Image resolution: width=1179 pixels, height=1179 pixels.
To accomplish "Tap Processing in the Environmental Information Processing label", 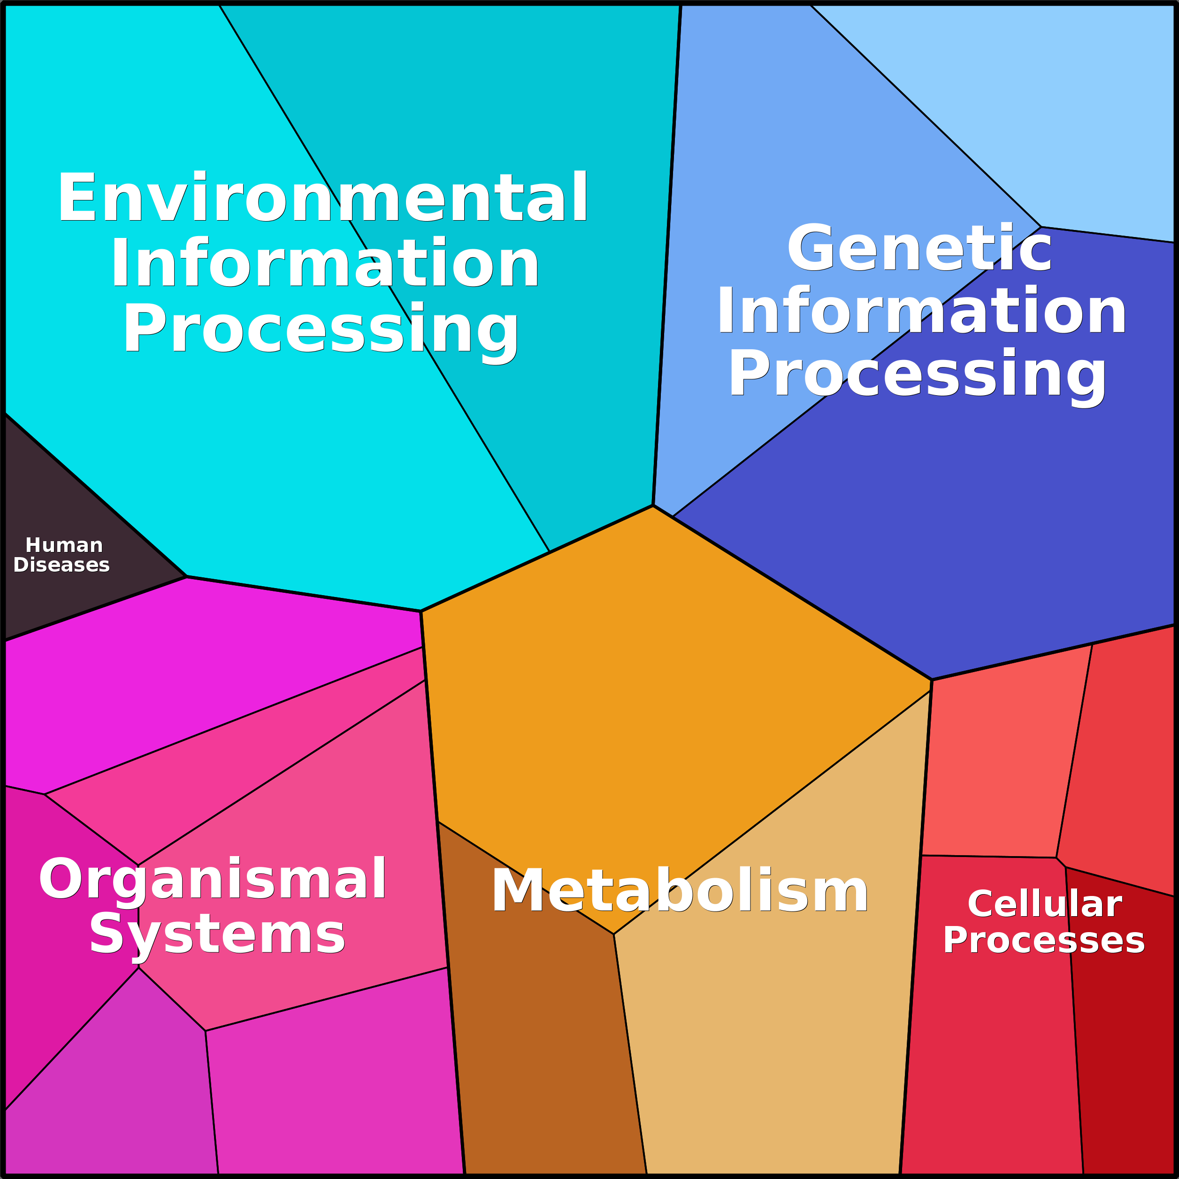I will click(x=321, y=329).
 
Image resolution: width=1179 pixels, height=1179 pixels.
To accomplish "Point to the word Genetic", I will click(x=919, y=248).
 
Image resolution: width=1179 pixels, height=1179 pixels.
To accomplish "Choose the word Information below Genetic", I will click(x=921, y=312).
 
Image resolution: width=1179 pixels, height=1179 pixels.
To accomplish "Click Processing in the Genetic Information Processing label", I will click(x=917, y=374).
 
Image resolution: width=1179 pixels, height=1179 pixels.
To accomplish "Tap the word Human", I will click(x=64, y=545).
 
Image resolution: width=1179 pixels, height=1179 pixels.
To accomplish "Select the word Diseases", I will click(x=61, y=565).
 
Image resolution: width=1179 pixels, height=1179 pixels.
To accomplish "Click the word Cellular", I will click(x=1045, y=904).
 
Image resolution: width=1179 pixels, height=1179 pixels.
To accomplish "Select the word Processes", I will click(x=1043, y=941).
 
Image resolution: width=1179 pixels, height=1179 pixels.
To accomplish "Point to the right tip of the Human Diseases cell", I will click(x=185, y=576).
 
